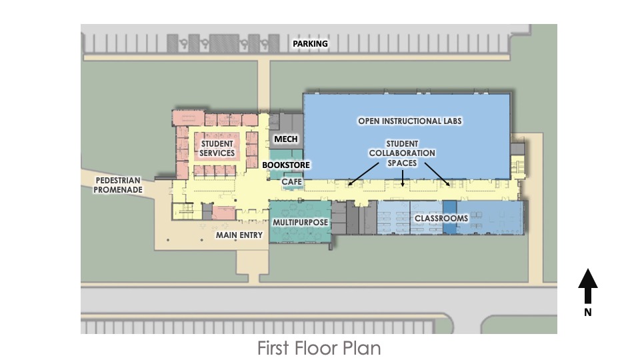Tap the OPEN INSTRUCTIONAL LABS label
point(410,121)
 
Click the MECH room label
point(286,139)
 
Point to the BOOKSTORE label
point(286,164)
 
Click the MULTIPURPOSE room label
point(300,221)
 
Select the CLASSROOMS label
point(441,218)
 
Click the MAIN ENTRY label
point(239,235)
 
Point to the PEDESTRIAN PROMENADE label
point(119,185)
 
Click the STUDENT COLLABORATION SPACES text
point(402,153)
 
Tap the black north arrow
point(587,286)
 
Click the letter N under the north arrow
point(587,311)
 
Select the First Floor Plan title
point(319,348)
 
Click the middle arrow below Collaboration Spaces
point(403,177)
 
